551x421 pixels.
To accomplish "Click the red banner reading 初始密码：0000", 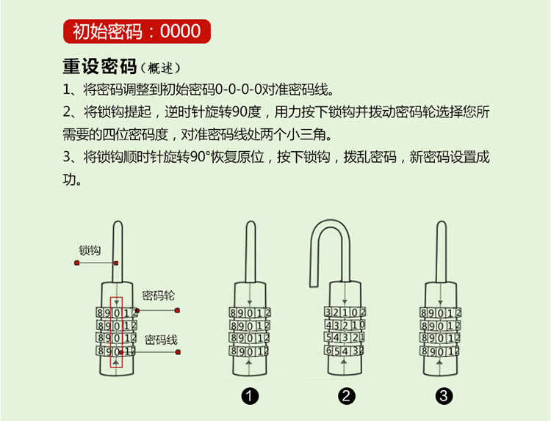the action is pos(137,31).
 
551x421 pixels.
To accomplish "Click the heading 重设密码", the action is pos(99,67).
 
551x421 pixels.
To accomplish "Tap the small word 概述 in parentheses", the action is pos(160,68).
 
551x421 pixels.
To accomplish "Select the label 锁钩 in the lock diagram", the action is pos(90,250).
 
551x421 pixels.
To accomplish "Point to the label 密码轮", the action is pos(158,296).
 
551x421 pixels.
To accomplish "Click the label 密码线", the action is pos(161,340).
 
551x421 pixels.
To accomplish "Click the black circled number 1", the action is pos(251,397).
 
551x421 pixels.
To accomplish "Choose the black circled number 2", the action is pos(347,397).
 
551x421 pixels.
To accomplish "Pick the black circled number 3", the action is pos(442,397).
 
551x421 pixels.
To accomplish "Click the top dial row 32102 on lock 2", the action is pos(344,312).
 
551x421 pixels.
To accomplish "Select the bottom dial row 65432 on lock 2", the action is pos(344,351).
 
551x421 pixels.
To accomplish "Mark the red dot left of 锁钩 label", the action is pos(76,262).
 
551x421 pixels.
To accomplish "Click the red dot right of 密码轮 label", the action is pos(177,310).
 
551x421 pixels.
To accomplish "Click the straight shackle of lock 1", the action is pos(251,249).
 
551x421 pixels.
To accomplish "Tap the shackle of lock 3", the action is pos(442,249).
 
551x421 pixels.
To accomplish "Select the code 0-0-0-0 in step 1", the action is pos(239,91).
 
